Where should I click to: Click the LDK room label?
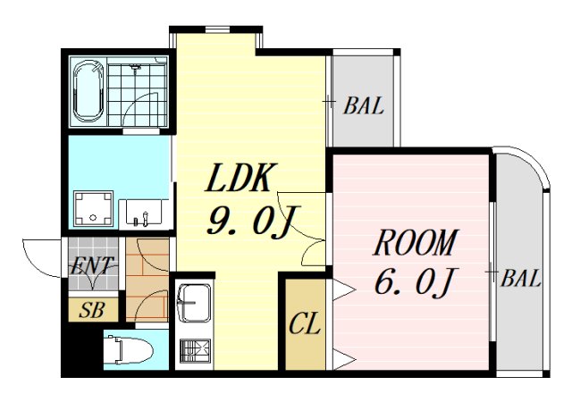pyautogui.click(x=239, y=177)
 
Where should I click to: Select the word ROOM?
pyautogui.click(x=415, y=242)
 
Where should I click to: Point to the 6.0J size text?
pyautogui.click(x=415, y=281)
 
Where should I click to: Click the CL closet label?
pyautogui.click(x=305, y=323)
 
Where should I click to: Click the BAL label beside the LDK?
pyautogui.click(x=364, y=105)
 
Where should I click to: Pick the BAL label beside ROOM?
pyautogui.click(x=520, y=279)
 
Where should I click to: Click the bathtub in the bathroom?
pyautogui.click(x=88, y=91)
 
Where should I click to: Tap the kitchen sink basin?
pyautogui.click(x=193, y=303)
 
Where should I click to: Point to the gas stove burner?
pyautogui.click(x=195, y=351)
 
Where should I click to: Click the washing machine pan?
pyautogui.click(x=93, y=208)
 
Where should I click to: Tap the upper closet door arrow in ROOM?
pyautogui.click(x=343, y=290)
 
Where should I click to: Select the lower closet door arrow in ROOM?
pyautogui.click(x=343, y=359)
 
